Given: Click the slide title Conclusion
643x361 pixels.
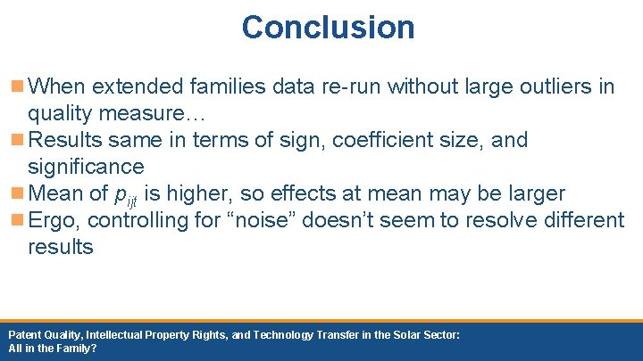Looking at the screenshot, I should tap(328, 27).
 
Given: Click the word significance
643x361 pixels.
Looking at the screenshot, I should tap(86, 167).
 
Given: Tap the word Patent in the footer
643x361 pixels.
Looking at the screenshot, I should tap(24, 334).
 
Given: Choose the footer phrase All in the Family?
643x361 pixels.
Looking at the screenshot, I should tap(52, 349).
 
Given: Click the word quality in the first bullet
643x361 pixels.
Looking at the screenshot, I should tap(58, 113).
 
